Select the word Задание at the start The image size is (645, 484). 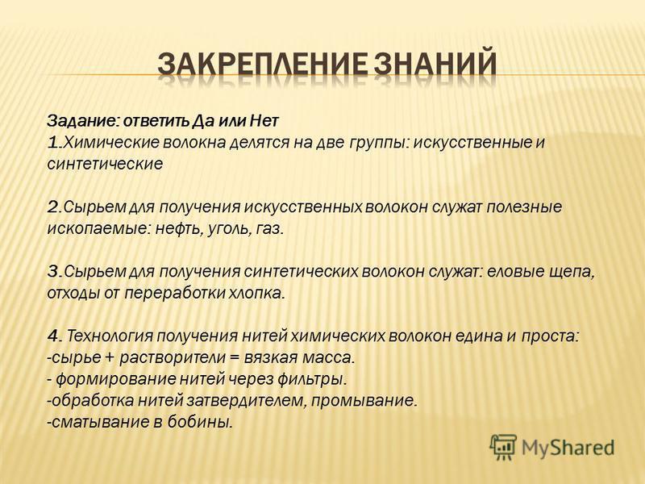click(84, 122)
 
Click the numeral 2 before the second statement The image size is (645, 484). click(53, 207)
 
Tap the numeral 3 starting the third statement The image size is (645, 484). click(53, 271)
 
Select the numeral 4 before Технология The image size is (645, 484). click(53, 336)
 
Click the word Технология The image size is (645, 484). click(110, 336)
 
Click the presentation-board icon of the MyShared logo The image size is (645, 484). click(502, 447)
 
